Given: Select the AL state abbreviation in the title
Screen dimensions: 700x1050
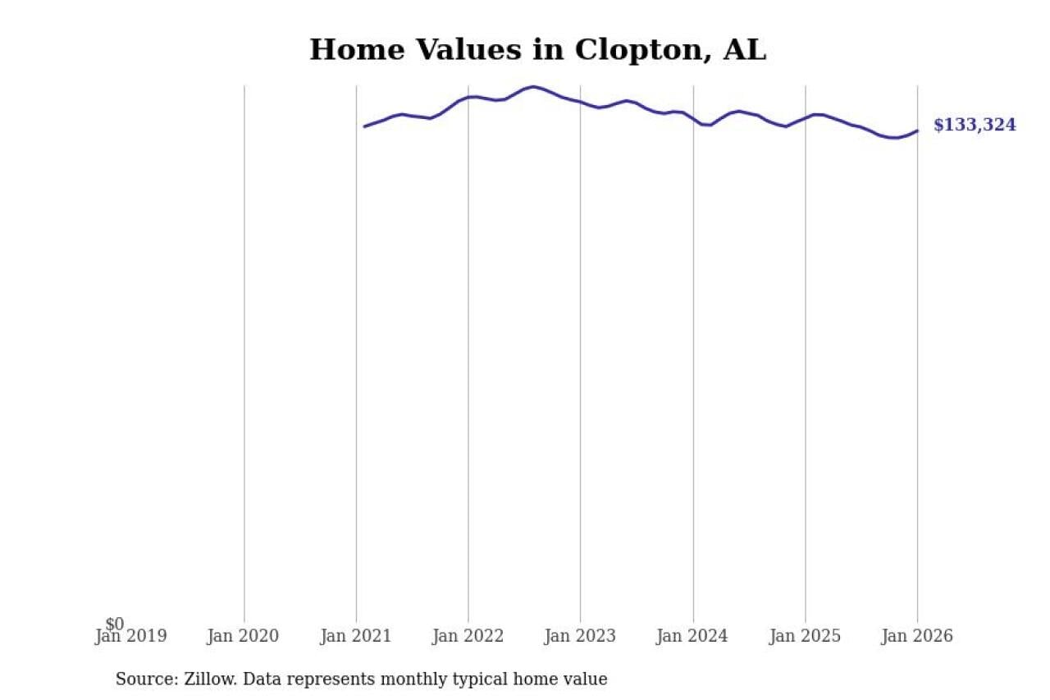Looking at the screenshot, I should tap(744, 50).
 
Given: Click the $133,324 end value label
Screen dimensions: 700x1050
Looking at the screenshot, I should tap(975, 126).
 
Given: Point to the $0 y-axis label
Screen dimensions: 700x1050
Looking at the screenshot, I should tap(115, 625).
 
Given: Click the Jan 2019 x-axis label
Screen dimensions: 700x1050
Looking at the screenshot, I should tap(131, 637).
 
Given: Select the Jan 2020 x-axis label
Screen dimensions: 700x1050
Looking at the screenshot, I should tap(244, 637).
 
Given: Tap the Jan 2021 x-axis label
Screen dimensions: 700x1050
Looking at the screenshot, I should tap(356, 637).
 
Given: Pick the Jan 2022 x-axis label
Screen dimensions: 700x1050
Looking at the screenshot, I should tap(468, 637).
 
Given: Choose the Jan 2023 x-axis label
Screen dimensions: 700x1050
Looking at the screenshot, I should tap(580, 637).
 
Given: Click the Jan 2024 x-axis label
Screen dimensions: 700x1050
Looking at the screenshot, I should tap(692, 637).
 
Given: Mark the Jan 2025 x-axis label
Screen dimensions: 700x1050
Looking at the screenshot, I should tap(805, 637).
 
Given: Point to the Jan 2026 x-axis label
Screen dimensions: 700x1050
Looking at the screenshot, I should tap(917, 637).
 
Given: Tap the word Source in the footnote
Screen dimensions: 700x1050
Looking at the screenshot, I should tap(142, 679).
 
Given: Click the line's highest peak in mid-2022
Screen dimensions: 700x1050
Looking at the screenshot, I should tap(533, 86).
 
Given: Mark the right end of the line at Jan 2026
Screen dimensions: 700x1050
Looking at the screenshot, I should tap(917, 130).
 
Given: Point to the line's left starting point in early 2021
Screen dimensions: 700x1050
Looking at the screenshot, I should tap(364, 126).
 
